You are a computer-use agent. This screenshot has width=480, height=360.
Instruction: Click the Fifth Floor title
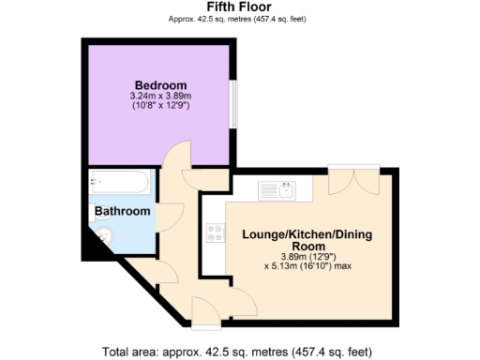click(239, 7)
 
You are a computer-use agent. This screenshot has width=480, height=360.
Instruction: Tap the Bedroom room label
click(159, 84)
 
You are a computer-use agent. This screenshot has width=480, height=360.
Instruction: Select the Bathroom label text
click(122, 212)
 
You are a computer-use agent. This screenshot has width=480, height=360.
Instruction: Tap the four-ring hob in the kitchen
click(214, 232)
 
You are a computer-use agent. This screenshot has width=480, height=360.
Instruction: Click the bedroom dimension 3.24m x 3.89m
click(159, 96)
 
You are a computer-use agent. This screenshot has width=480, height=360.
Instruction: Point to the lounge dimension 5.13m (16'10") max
click(307, 265)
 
